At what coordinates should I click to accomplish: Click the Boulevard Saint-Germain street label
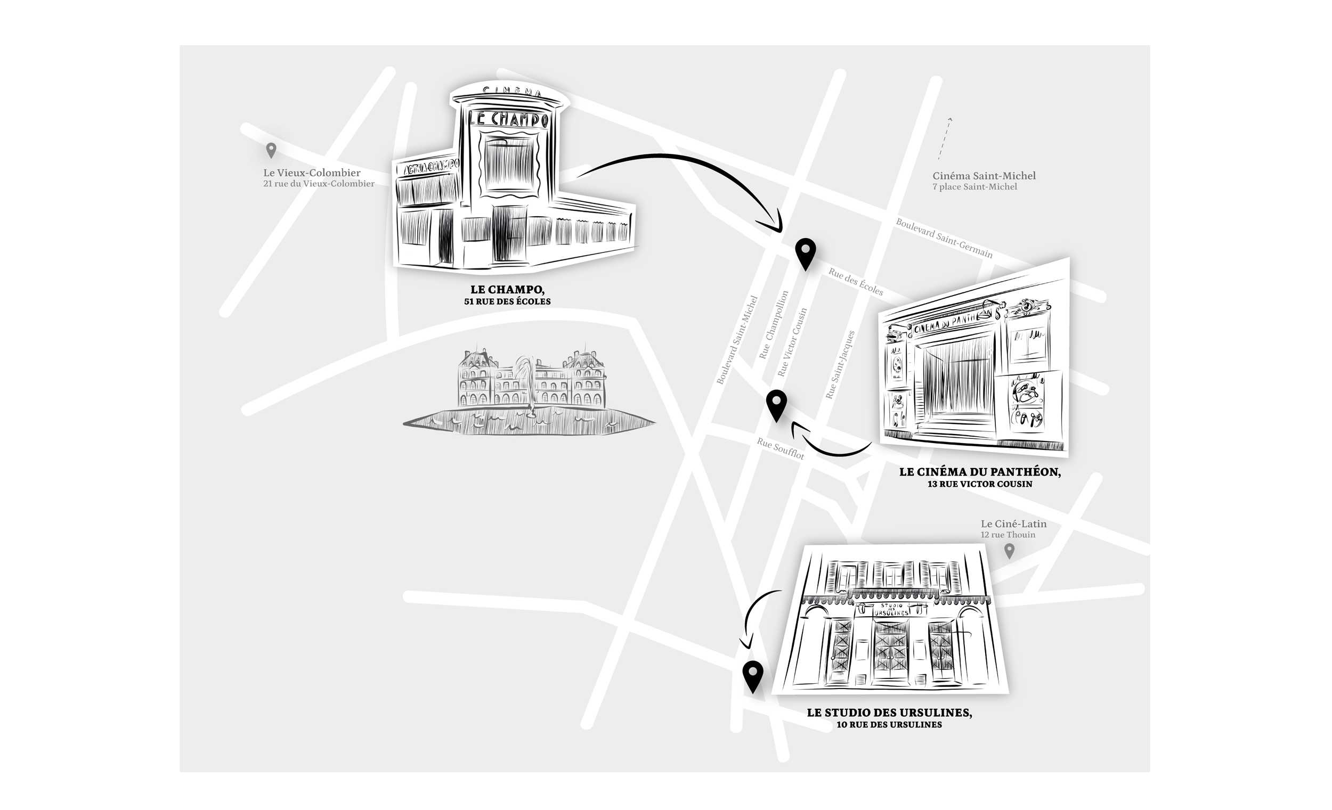coord(944,238)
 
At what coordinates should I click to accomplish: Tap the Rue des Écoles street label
coord(855,282)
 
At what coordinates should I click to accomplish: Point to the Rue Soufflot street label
coord(780,448)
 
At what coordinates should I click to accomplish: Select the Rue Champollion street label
coord(774,325)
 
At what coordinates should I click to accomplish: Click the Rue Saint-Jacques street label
coord(840,365)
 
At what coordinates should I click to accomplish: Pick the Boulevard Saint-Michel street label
coord(737,340)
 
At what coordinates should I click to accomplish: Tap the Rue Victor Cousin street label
coord(792,342)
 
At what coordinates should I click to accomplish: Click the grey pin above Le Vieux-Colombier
coord(271,150)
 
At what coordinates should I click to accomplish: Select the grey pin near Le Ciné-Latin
coord(1009,551)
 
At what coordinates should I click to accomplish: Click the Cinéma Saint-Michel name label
coord(984,176)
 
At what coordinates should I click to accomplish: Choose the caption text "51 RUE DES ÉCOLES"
coord(507,301)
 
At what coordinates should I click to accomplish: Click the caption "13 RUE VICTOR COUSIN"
coord(979,484)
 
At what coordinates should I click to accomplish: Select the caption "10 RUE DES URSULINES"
coord(889,725)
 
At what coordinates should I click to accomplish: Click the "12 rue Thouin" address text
coord(1008,535)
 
